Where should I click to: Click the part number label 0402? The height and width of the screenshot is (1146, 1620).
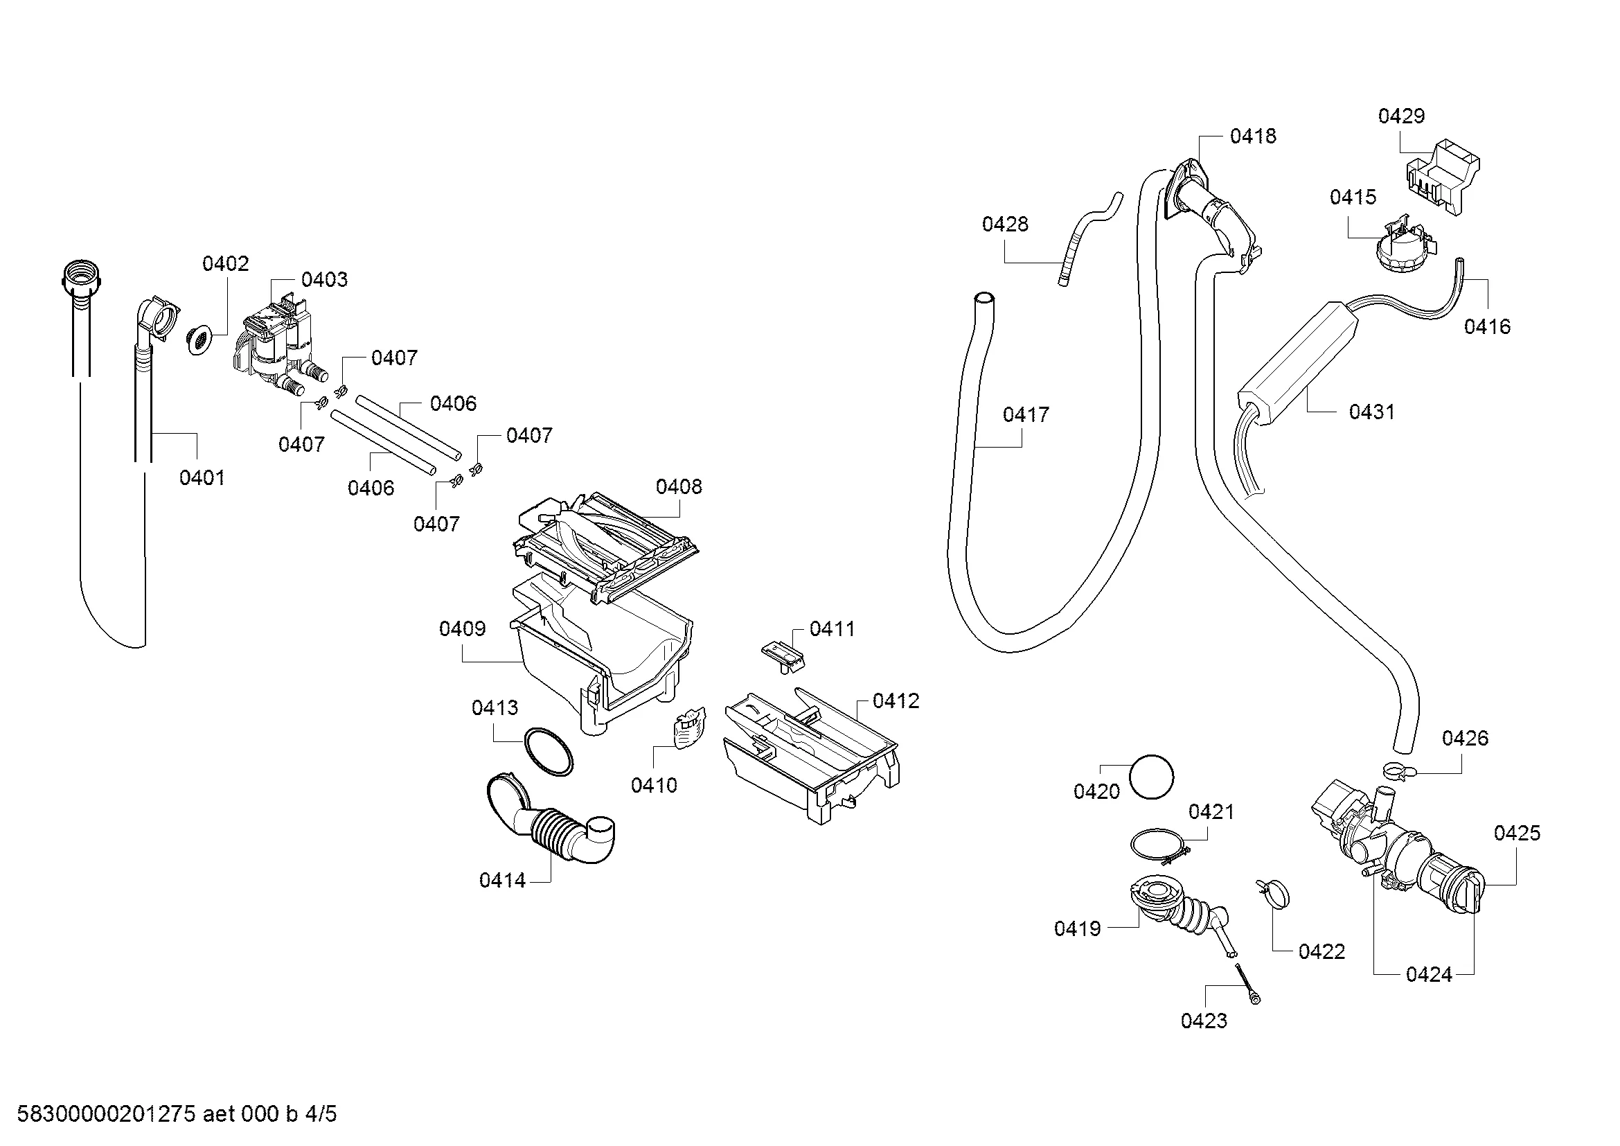coord(225,263)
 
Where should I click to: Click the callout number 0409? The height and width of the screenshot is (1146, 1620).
coord(462,628)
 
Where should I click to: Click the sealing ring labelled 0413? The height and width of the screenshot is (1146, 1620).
coord(549,753)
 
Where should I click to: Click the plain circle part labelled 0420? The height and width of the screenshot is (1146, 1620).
coord(1152,777)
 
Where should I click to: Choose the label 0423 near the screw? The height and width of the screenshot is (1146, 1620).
coord(1204,1021)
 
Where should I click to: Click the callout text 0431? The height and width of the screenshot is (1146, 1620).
coord(1371,412)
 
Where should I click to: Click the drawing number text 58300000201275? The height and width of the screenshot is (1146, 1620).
coord(106,1114)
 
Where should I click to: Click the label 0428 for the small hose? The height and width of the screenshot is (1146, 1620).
coord(1005,224)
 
